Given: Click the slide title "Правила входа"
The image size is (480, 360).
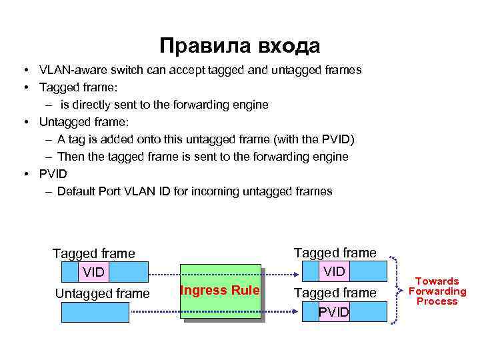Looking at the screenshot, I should coord(240,46).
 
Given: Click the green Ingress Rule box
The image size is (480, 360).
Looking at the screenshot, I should coord(221,291).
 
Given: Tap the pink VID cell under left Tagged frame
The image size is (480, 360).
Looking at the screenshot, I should coord(93,272).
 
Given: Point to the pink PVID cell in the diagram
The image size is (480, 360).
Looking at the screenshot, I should coord(333,312).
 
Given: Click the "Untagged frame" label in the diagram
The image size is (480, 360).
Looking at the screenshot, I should coord(103,293).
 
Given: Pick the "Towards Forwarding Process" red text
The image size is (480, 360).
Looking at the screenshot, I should coord(437,291).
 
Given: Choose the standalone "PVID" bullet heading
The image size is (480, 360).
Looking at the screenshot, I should coord(53,174).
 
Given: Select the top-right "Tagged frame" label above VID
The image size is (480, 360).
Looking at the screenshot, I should coord(335,252).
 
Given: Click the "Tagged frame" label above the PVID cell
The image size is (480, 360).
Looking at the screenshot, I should coord(335,293).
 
